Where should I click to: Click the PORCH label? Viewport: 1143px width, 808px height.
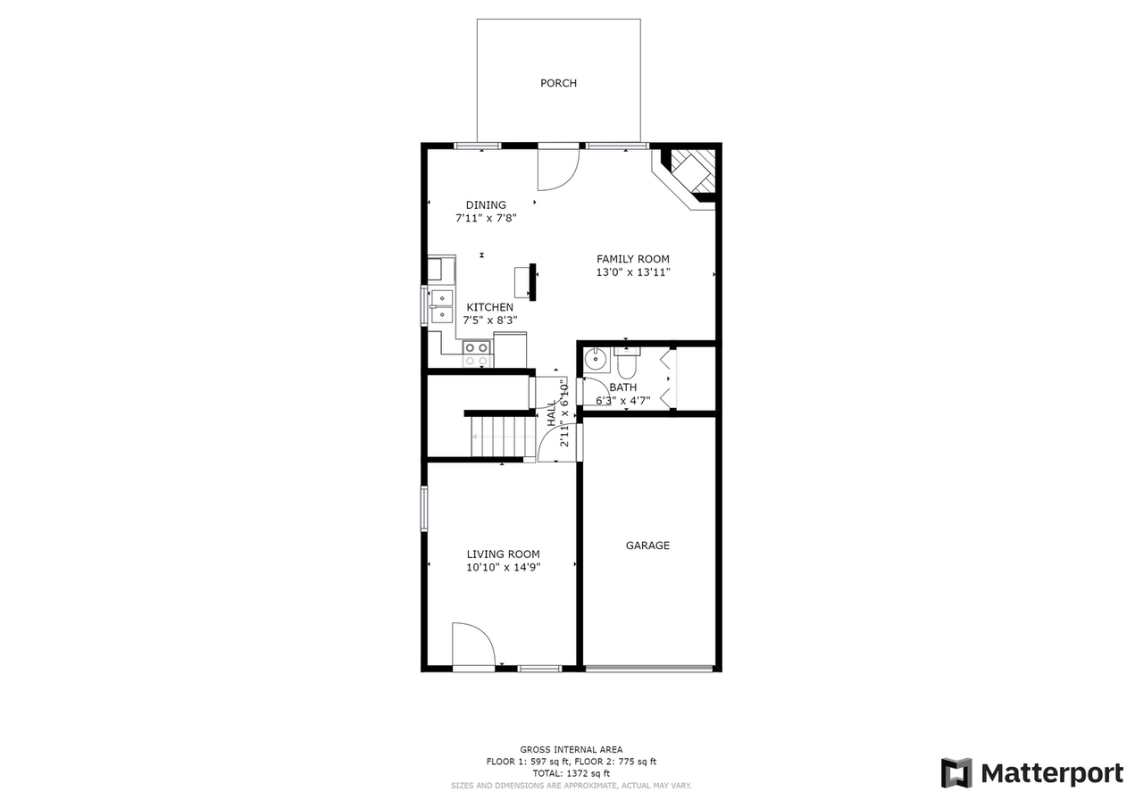[558, 83]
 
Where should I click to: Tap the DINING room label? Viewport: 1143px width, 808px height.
[486, 205]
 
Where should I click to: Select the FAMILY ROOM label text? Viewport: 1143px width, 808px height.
[633, 260]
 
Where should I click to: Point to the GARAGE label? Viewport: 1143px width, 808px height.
[647, 546]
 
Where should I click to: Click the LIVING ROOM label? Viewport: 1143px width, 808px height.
[503, 554]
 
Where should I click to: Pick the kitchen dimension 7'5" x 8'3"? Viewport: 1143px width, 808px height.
[489, 320]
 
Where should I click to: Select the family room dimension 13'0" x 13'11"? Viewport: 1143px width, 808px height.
[633, 272]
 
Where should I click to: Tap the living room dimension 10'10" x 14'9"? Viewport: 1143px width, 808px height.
[503, 567]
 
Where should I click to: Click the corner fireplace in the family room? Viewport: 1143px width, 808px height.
[690, 171]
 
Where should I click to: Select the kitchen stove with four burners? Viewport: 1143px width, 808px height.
[477, 354]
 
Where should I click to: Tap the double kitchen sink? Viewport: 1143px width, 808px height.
[442, 305]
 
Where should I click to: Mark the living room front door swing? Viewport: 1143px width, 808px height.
[471, 645]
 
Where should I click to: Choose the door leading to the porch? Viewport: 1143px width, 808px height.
[558, 170]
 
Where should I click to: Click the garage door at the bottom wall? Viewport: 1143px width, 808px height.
[649, 668]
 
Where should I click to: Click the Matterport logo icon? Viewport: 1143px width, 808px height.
[956, 773]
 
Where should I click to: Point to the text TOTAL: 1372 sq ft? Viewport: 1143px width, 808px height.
[571, 773]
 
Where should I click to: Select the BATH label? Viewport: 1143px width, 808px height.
[623, 387]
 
